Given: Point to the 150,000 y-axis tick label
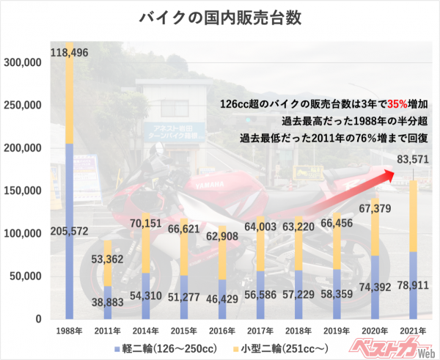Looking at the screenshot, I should pyautogui.click(x=25, y=191).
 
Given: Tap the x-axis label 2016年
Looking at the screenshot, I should pyautogui.click(x=221, y=331).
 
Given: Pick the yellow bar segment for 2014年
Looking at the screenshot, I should pyautogui.click(x=145, y=242).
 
